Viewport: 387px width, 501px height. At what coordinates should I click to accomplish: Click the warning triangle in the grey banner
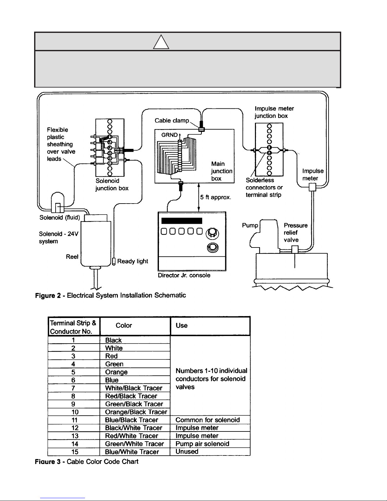pyautogui.click(x=161, y=42)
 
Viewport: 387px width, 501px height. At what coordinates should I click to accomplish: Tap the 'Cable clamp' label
pyautogui.click(x=172, y=120)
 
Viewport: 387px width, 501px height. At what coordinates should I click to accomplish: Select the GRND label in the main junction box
pyautogui.click(x=169, y=135)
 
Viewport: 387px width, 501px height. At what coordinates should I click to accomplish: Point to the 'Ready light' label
pyautogui.click(x=132, y=261)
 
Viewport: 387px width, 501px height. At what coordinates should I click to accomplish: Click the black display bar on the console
pyautogui.click(x=182, y=221)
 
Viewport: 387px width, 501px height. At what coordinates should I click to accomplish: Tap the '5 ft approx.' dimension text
pyautogui.click(x=215, y=197)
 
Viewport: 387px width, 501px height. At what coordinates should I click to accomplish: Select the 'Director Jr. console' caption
pyautogui.click(x=184, y=275)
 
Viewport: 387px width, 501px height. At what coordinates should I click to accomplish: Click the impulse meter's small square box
pyautogui.click(x=312, y=187)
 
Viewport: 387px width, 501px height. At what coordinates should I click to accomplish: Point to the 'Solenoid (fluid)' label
pyautogui.click(x=60, y=217)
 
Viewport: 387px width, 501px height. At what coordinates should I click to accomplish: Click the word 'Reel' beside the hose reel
pyautogui.click(x=72, y=257)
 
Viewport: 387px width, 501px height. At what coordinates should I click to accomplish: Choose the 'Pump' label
pyautogui.click(x=250, y=225)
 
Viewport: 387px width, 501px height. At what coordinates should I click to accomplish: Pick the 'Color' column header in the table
pyautogui.click(x=124, y=325)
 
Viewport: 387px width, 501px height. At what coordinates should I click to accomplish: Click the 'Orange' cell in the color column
pyautogui.click(x=116, y=372)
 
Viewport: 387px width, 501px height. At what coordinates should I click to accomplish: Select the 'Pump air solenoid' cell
pyautogui.click(x=202, y=444)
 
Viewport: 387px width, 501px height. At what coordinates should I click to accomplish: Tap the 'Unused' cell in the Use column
pyautogui.click(x=187, y=451)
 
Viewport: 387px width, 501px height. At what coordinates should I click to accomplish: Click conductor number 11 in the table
pyautogui.click(x=75, y=420)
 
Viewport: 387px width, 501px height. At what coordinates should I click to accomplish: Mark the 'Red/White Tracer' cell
pyautogui.click(x=131, y=436)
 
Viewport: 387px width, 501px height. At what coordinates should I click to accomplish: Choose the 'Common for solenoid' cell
pyautogui.click(x=208, y=420)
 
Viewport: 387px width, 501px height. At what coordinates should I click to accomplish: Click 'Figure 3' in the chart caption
pyautogui.click(x=48, y=461)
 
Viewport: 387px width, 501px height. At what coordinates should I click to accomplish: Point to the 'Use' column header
pyautogui.click(x=182, y=325)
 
